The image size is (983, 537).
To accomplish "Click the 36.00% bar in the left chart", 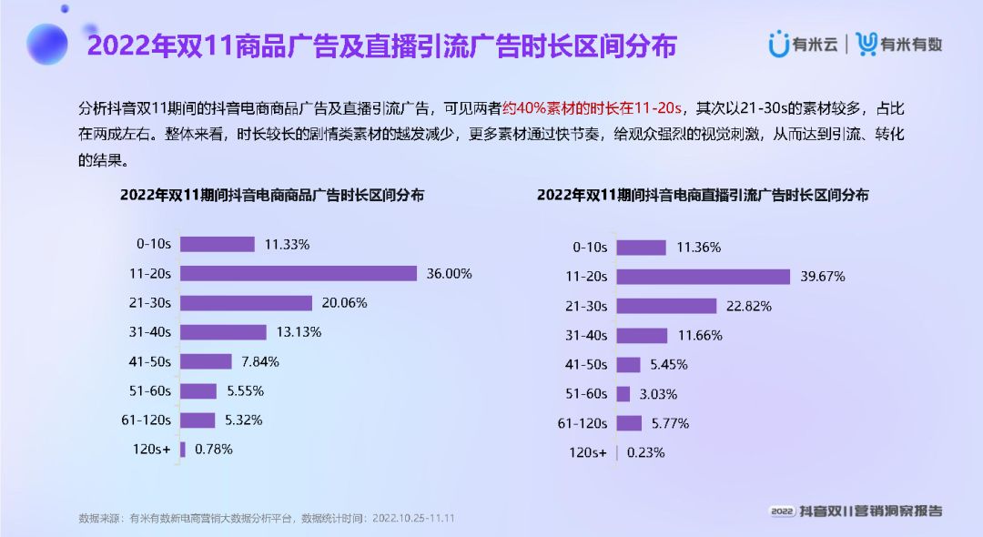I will [x=298, y=273].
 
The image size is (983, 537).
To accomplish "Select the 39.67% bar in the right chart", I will [x=703, y=277].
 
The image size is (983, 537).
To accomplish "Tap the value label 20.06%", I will [x=343, y=303].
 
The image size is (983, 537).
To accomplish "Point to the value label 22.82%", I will [x=747, y=307].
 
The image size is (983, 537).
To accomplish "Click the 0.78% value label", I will [x=213, y=449].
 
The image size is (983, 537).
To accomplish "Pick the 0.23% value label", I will [x=644, y=452].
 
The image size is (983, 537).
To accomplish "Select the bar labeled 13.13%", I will [x=223, y=332].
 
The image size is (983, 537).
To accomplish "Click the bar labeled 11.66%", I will [x=642, y=336].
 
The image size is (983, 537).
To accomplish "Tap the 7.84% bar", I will [x=206, y=361].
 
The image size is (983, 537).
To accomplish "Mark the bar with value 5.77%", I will [x=629, y=423].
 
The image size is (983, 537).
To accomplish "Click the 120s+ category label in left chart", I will [x=153, y=449].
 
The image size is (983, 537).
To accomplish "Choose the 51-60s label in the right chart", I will [x=586, y=394].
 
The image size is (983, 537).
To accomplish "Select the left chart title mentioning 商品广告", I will [x=271, y=195].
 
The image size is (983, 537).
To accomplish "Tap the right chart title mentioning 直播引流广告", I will [x=702, y=195].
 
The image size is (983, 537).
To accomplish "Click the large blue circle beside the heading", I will [x=47, y=44].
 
